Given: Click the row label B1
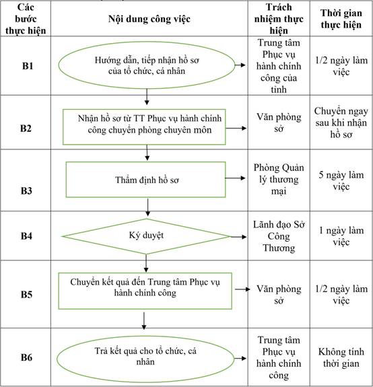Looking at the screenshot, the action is point(28,66).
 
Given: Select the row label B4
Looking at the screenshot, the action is point(26,236).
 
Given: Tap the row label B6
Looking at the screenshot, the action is point(26,357).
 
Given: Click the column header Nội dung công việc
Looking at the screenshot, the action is point(149,19).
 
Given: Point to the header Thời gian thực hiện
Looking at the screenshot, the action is point(341,19).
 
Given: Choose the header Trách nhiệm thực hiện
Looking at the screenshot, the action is point(279,19).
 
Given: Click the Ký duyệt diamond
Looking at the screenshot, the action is point(146,236).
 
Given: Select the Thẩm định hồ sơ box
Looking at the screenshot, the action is point(145,180).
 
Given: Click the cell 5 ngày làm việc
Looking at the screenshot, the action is point(341,180).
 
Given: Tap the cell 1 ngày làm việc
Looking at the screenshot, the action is point(341,236).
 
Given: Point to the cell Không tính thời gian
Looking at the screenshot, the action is point(341,357).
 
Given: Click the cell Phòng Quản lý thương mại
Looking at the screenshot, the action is point(279,179).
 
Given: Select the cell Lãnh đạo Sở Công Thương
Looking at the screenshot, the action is point(279,236).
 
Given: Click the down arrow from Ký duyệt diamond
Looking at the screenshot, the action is point(146,263).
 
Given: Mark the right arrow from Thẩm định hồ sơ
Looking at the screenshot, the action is point(235,178).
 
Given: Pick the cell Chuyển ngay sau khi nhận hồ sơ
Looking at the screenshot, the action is point(341,122).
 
